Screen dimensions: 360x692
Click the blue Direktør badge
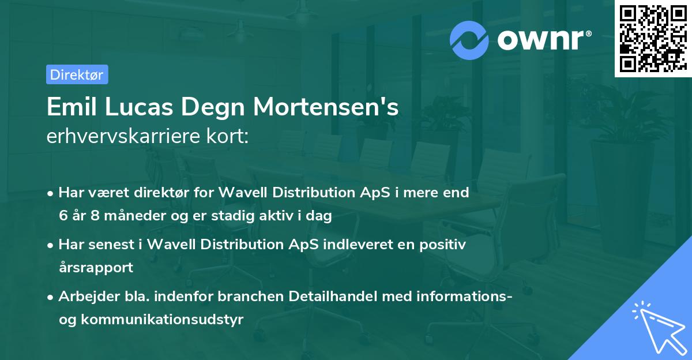(77, 74)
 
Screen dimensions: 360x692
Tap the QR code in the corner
(652, 38)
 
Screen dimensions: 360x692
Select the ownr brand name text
(543, 39)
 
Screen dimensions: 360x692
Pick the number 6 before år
(62, 216)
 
